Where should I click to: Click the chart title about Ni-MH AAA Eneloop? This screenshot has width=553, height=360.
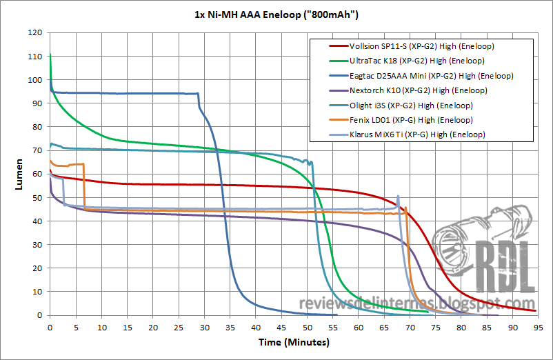point(276,13)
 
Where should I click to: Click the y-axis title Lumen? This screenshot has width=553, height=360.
point(14,174)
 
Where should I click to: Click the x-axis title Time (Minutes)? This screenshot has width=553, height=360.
point(292,342)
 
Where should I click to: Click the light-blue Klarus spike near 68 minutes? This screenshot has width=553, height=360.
point(398,197)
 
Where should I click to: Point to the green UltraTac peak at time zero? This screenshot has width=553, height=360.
point(50,54)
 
